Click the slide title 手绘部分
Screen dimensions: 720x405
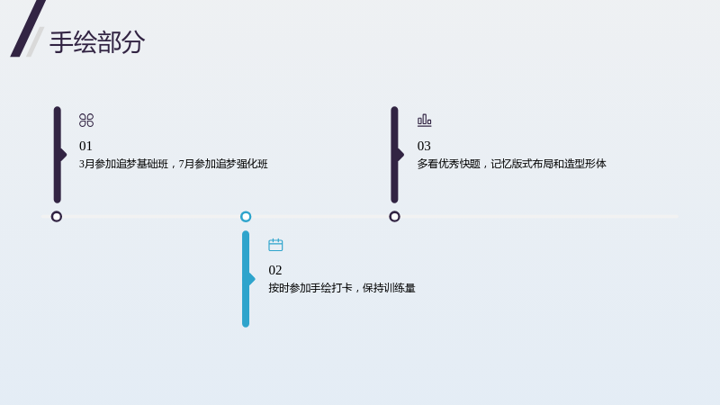[x=97, y=42]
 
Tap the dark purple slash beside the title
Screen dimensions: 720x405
[x=28, y=29]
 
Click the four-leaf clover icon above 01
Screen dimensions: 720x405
[x=86, y=121]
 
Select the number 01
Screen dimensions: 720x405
[x=85, y=146]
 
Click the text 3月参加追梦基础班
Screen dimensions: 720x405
[x=123, y=164]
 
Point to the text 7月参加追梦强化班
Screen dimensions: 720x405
[x=223, y=164]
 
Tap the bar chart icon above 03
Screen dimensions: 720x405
[x=424, y=121]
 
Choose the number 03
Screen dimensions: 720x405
[x=424, y=146]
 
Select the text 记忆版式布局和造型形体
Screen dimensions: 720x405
[x=548, y=164]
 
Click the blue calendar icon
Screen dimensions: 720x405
[x=275, y=245]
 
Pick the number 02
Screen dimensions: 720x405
[x=275, y=270]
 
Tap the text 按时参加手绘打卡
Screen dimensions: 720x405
[x=310, y=288]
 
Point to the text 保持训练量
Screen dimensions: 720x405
[x=389, y=288]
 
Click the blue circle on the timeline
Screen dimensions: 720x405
[x=246, y=216]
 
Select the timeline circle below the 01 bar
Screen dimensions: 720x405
[x=57, y=216]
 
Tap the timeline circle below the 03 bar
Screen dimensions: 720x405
[x=394, y=216]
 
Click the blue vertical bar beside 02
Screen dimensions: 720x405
[x=246, y=279]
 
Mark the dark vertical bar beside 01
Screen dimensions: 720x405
[x=58, y=155]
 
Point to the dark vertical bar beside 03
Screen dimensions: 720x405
[x=394, y=155]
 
